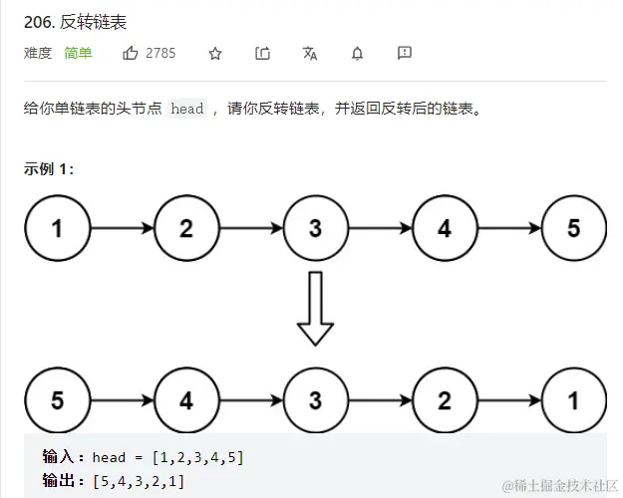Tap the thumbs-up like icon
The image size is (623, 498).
coord(131,53)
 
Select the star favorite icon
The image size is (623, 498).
coord(215,54)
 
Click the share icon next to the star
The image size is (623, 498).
coord(263,54)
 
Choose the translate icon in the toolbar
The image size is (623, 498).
coord(310,54)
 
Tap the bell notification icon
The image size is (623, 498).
coord(357,54)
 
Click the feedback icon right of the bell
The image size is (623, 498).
coord(405,53)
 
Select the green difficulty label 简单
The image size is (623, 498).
coord(78,53)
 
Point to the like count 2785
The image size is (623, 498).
coord(160,53)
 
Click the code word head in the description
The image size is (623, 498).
coord(187,110)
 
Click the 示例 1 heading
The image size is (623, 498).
coord(49,168)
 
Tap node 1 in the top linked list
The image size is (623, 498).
coord(57,228)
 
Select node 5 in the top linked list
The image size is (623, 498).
coord(573,228)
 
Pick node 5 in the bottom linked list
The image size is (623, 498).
coord(57,401)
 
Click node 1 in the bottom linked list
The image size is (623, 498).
coord(573,401)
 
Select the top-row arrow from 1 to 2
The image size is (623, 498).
coord(122,228)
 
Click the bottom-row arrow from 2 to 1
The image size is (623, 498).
coord(508,401)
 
